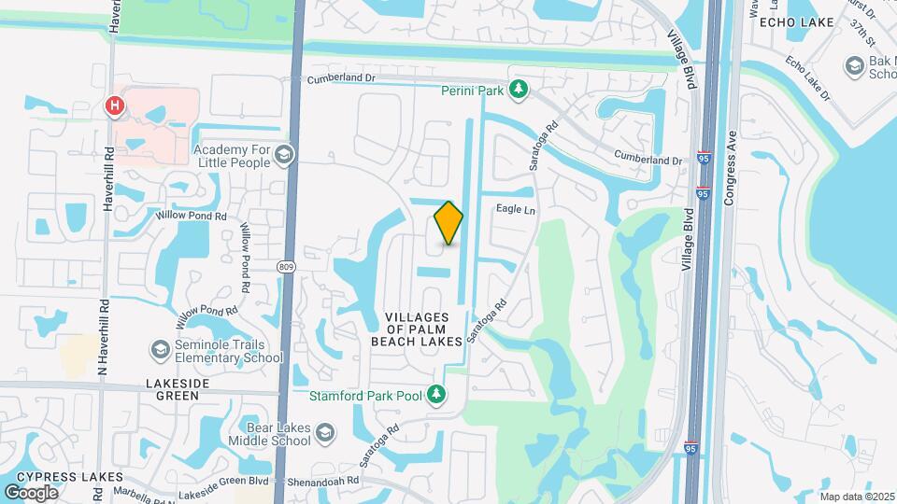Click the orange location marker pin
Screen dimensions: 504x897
pos(448,222)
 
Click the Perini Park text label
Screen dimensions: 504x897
pos(472,91)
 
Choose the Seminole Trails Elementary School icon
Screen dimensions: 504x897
pos(160,350)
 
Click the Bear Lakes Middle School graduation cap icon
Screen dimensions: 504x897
pos(324,432)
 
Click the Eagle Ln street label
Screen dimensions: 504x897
pos(516,211)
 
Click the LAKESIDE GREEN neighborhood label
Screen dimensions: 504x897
pos(172,389)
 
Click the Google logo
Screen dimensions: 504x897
pos(31,492)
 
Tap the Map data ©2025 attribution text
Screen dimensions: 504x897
pos(857,497)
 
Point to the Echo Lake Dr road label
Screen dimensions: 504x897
pos(808,78)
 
